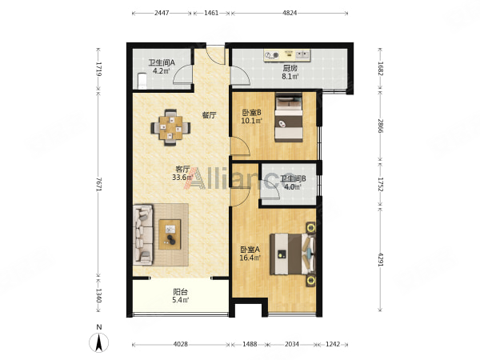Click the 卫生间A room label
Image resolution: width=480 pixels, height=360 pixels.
162,62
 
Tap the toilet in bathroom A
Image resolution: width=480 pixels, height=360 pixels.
142,81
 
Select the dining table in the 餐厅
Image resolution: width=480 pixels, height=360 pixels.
170,127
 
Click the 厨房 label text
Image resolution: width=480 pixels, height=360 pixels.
290,68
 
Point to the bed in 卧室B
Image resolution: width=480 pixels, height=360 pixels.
289,118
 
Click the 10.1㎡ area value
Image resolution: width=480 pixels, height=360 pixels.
252,121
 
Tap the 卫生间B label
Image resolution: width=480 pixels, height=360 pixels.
294,178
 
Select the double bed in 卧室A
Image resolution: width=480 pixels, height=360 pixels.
292,254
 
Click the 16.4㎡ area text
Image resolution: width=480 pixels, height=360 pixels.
250,258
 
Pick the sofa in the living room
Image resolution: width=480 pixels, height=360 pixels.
143,234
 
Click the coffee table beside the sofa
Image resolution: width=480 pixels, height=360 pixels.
170,234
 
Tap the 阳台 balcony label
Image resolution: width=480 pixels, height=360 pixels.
180,292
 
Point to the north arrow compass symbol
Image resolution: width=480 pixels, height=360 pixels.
98,341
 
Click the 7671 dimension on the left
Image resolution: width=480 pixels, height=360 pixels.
98,184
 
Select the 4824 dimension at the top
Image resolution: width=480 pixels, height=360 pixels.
290,13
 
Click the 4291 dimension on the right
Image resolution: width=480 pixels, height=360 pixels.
380,259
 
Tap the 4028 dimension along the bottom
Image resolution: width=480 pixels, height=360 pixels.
181,344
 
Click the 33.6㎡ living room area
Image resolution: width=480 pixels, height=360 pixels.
182,178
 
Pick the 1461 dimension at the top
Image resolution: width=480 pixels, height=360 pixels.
211,13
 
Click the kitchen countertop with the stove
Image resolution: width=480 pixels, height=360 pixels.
287,55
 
